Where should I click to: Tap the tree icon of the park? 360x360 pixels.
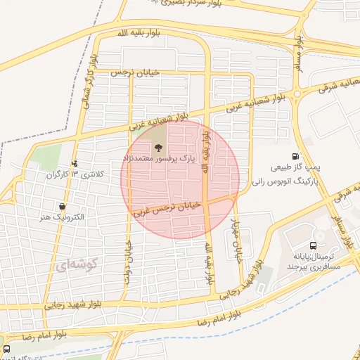[159, 148]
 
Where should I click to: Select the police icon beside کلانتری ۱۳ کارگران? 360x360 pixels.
[75, 164]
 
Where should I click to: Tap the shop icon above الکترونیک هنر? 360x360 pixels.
[63, 207]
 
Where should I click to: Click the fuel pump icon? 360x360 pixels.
[295, 157]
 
